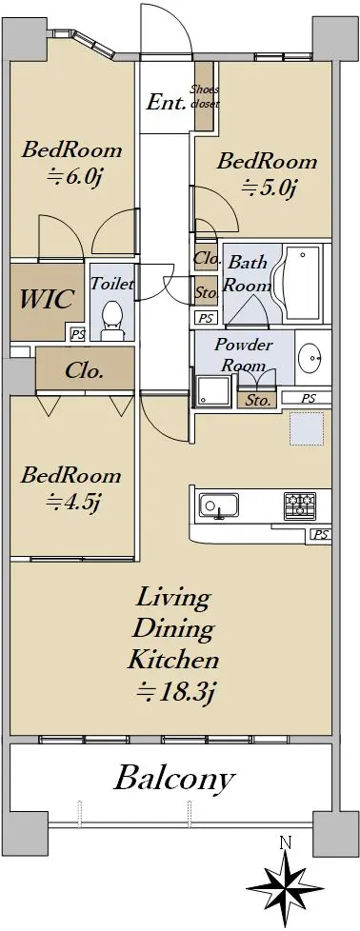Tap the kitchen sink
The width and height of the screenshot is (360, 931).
(219, 506)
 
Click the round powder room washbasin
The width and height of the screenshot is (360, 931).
(310, 359)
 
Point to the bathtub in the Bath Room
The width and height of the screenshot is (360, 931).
(302, 285)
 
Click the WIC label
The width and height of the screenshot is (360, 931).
(47, 299)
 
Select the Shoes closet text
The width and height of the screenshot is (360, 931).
(205, 96)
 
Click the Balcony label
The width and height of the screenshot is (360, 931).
(174, 779)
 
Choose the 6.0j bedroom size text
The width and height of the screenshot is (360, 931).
(71, 176)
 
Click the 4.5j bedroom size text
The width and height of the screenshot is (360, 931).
(71, 503)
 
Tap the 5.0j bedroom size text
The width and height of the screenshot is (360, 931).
(269, 188)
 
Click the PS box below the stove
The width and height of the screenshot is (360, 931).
(321, 534)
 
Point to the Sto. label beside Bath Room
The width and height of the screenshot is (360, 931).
(206, 291)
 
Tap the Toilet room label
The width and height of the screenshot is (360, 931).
(111, 284)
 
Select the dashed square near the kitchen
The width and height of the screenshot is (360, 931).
(307, 428)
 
